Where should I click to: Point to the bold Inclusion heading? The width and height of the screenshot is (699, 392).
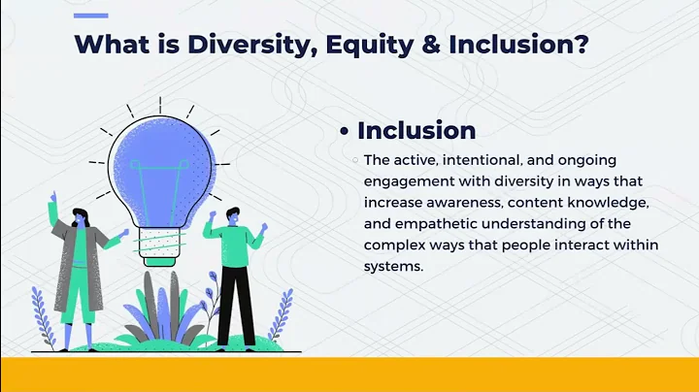point(416,130)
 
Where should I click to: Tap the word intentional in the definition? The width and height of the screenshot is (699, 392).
point(464,160)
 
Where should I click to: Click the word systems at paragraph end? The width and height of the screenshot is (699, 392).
point(394,267)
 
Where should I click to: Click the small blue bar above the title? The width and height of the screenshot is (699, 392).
point(93,15)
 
